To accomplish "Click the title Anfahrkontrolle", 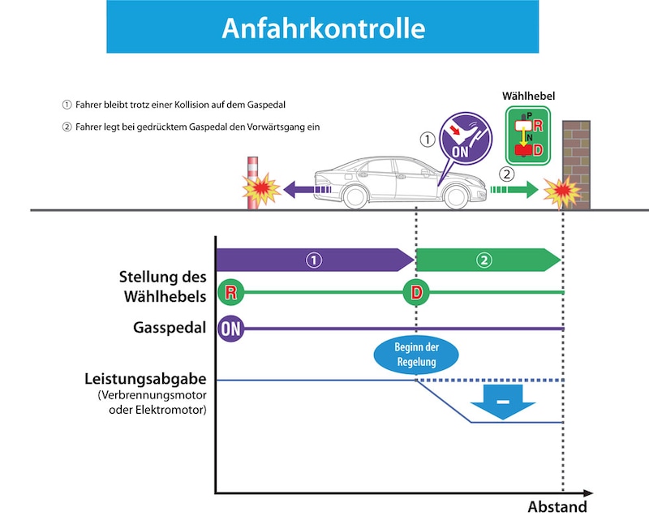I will (323, 28).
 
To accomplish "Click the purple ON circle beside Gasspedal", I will (230, 329).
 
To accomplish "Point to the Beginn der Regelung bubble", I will (416, 355).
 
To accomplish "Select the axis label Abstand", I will (557, 507).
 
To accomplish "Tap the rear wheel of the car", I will (355, 196).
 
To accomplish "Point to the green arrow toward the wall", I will (514, 191).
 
